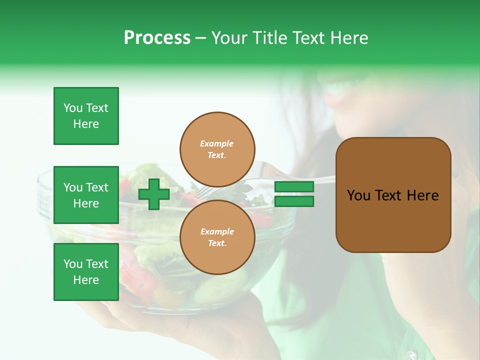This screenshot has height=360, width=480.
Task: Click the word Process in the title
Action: [157, 38]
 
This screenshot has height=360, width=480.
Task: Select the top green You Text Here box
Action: [86, 116]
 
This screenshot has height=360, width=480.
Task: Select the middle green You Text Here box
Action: [86, 195]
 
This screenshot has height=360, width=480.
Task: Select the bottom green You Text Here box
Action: [86, 272]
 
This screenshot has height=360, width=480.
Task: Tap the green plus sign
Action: [154, 194]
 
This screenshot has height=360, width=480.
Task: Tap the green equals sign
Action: [294, 194]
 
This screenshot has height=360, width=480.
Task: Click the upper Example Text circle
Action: [217, 149]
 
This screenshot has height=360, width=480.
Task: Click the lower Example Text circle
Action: [217, 237]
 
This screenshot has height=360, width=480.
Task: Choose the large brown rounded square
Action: [393, 195]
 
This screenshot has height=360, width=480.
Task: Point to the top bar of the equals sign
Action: [294, 186]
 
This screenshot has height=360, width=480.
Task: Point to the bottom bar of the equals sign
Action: [294, 201]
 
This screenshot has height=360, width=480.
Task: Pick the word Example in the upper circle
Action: [217, 143]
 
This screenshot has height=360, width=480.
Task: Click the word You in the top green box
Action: [73, 108]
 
